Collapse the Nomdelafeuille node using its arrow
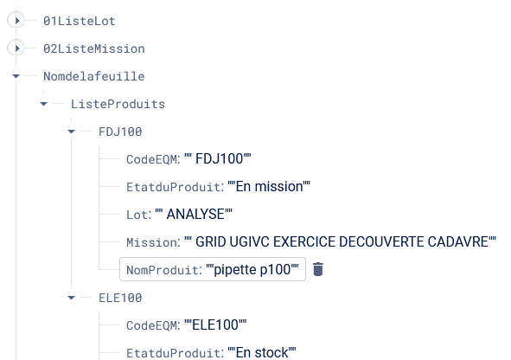click(16, 76)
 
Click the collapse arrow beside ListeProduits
click(44, 104)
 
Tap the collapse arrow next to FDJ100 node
click(72, 132)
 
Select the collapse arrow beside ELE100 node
click(72, 298)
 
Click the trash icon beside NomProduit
click(318, 269)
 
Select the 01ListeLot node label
click(80, 21)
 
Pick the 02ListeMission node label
click(94, 48)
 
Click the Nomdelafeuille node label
click(94, 76)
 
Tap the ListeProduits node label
click(118, 104)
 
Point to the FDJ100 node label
click(120, 132)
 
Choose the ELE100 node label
click(120, 298)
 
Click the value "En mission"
click(269, 187)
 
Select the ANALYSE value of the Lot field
click(195, 215)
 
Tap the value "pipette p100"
click(252, 270)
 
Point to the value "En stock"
click(262, 352)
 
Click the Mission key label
click(153, 242)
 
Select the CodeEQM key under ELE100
click(153, 325)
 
